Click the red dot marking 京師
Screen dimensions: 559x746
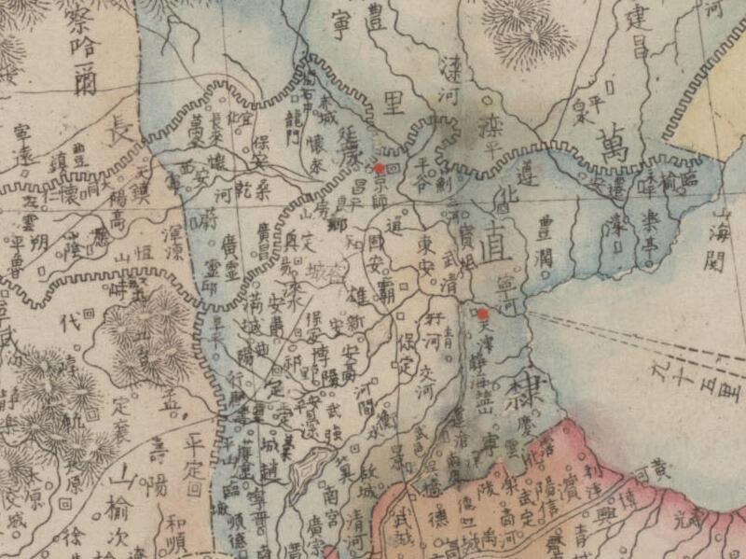(380, 168)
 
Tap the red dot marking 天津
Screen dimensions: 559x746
(483, 314)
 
